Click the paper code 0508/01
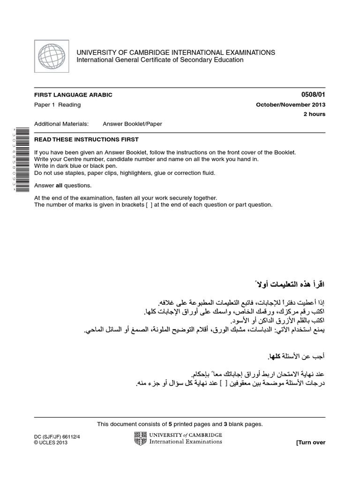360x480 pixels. tap(314, 95)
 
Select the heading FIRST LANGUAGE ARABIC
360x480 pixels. tap(74, 95)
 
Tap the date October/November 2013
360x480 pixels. tap(290, 105)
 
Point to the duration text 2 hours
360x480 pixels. tap(314, 114)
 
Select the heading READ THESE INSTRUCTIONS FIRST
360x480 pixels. tap(87, 140)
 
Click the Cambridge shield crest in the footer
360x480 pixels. tap(140, 438)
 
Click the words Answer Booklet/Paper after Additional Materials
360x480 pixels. tap(132, 124)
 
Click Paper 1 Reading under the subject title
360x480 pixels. tap(58, 105)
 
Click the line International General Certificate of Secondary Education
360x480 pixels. tap(160, 60)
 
